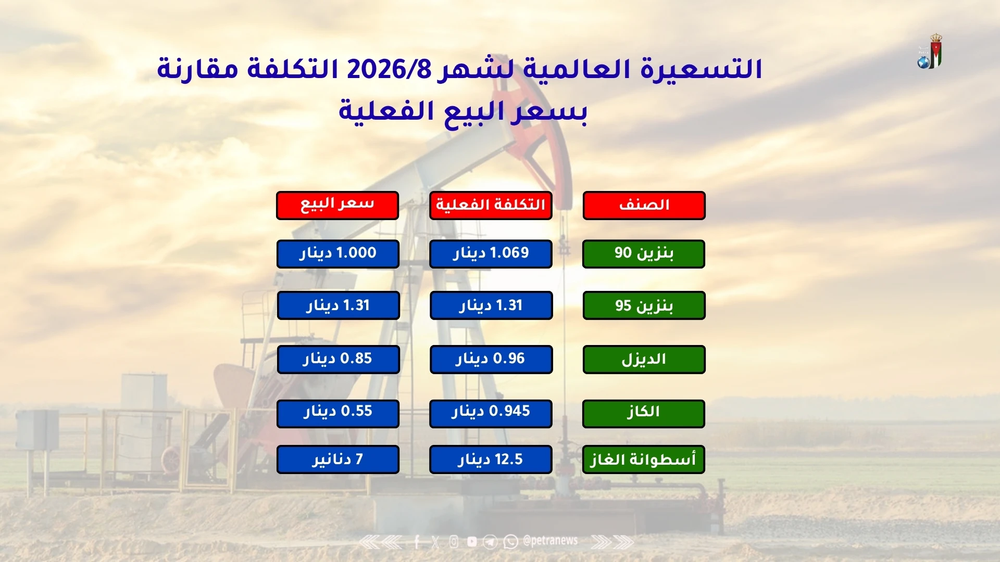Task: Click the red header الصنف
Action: point(644,206)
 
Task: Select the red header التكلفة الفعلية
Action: point(491,206)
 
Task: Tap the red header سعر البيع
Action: point(337,206)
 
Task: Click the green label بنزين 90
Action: point(644,254)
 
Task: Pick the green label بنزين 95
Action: point(644,305)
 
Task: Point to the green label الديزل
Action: point(644,360)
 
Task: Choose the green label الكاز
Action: point(644,414)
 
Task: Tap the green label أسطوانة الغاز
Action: point(644,459)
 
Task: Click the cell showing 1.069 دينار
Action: point(491,254)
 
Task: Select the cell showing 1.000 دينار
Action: point(337,254)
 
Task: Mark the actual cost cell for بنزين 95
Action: point(491,305)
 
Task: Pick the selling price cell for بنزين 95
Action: point(337,305)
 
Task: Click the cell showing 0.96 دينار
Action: point(491,360)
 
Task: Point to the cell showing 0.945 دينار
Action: point(491,414)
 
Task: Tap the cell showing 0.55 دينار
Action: point(337,414)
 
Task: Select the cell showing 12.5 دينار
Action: point(491,459)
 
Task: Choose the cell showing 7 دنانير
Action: point(337,459)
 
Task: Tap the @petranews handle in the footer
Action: point(550,541)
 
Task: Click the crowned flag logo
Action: point(930,52)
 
